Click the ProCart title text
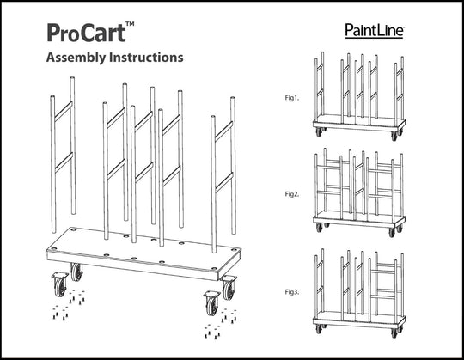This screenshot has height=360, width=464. coord(87,33)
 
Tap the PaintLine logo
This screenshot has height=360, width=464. coord(375,31)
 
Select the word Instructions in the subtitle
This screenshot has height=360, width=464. coord(146,57)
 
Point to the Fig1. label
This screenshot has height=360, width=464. coord(292,98)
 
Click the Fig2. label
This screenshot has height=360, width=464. coord(292,194)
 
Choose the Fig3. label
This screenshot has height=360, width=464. coord(292,292)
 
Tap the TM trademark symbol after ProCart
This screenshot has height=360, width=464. coord(130,24)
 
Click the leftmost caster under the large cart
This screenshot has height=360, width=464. coord(60,284)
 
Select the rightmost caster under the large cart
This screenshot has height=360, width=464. coord(229,288)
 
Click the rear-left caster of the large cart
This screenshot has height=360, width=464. coord(76,272)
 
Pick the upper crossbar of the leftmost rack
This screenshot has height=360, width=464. coord(64,112)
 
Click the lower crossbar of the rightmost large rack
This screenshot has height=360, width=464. coord(224,182)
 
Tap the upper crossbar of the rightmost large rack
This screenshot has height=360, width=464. coord(223,131)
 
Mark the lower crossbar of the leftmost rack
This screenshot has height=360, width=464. coord(64,162)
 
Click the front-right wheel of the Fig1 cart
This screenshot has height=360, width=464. coord(394,136)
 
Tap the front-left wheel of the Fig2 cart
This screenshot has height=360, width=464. coord(319,227)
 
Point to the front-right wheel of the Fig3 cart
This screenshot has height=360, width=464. coord(394,333)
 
